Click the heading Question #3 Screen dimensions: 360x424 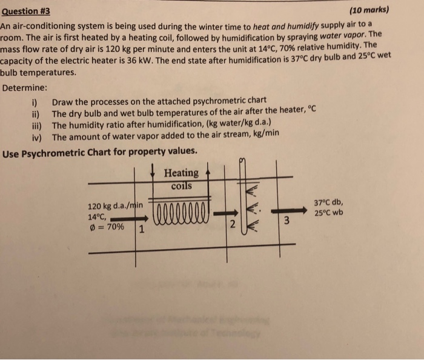25,12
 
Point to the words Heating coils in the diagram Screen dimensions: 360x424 181,179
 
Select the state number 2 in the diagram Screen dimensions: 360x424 231,225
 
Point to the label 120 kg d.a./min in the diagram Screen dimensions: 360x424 115,205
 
